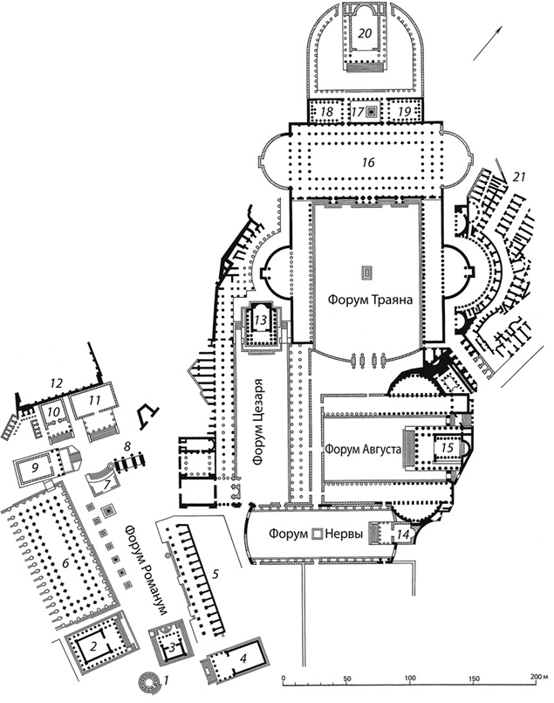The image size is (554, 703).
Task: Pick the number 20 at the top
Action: click(x=365, y=32)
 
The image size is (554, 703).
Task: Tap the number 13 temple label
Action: click(x=259, y=320)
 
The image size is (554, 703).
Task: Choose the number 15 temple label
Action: click(x=448, y=448)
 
